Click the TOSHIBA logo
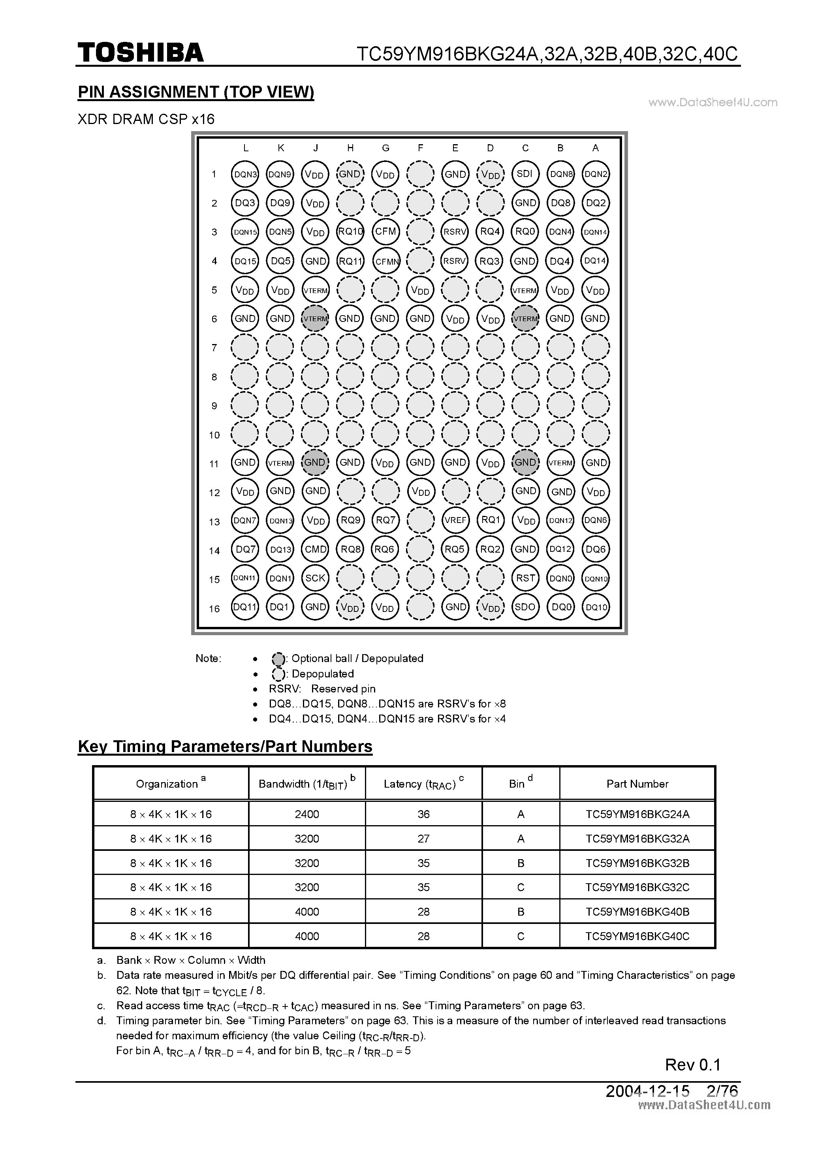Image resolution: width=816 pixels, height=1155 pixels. (140, 52)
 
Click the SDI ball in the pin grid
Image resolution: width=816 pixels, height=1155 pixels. (525, 174)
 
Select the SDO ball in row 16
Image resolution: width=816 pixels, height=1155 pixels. (525, 607)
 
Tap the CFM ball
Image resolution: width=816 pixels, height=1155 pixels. (385, 231)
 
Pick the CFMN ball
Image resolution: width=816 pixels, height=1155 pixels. (385, 261)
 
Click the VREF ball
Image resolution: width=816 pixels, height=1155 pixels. (455, 520)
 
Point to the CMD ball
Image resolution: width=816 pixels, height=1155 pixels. (316, 549)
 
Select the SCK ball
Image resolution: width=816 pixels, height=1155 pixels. (316, 578)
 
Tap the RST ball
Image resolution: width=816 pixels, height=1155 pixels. (525, 578)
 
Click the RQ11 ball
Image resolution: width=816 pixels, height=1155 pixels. (350, 261)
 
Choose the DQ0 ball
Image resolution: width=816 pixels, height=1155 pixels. (560, 607)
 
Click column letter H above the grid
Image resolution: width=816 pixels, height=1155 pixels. (350, 148)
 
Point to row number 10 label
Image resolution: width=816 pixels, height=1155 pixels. (214, 435)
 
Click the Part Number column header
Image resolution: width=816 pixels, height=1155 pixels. (637, 784)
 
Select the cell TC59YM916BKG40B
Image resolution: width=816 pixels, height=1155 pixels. (637, 912)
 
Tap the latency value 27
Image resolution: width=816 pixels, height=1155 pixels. (423, 839)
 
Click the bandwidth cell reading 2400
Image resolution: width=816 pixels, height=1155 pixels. (306, 815)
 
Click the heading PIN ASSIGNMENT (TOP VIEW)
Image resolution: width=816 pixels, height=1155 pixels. (196, 92)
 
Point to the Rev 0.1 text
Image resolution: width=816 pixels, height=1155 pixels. (692, 1065)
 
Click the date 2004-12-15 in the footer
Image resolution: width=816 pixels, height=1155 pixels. (647, 1091)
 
